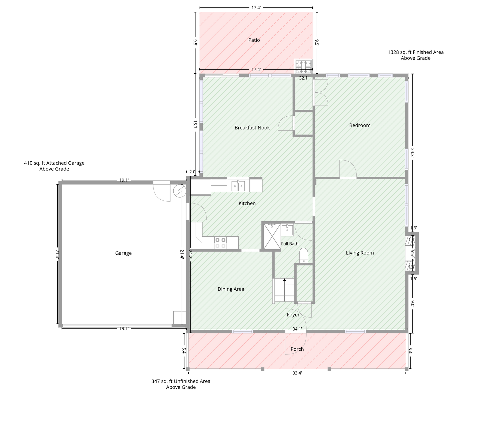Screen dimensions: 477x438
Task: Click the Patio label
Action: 254,40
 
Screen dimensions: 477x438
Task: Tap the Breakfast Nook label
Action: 252,128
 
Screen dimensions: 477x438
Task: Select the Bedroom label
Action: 360,125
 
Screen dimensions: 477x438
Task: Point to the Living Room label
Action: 360,253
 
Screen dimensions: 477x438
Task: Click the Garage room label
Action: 123,253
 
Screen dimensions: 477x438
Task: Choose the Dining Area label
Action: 231,289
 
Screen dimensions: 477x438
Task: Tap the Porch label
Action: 297,349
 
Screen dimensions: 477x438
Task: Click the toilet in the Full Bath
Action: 304,255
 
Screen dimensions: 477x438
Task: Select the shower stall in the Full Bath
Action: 272,236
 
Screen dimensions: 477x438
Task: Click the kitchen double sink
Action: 238,186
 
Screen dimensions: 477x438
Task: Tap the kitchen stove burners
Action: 220,243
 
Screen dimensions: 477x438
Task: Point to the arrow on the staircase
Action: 285,290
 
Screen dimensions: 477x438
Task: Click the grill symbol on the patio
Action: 303,66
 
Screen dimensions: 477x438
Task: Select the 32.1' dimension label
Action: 304,78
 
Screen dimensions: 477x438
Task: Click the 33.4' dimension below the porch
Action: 297,373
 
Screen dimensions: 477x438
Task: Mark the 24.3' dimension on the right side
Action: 412,152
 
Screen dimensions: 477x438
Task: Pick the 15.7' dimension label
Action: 195,125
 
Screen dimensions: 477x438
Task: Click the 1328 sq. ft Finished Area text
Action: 416,55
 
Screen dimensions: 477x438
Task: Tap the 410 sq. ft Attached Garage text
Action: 54,166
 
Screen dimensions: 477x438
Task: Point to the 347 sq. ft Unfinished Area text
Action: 181,384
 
